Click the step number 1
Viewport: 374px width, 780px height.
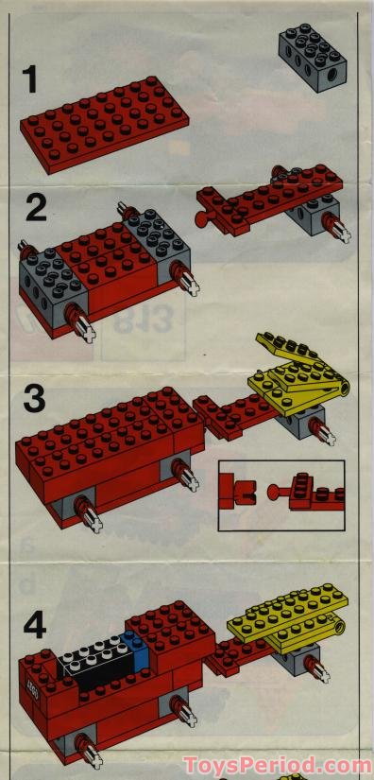(31, 79)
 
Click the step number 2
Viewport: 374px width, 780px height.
(36, 207)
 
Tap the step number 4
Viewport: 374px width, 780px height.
(35, 625)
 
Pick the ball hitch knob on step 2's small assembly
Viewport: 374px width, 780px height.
(201, 221)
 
